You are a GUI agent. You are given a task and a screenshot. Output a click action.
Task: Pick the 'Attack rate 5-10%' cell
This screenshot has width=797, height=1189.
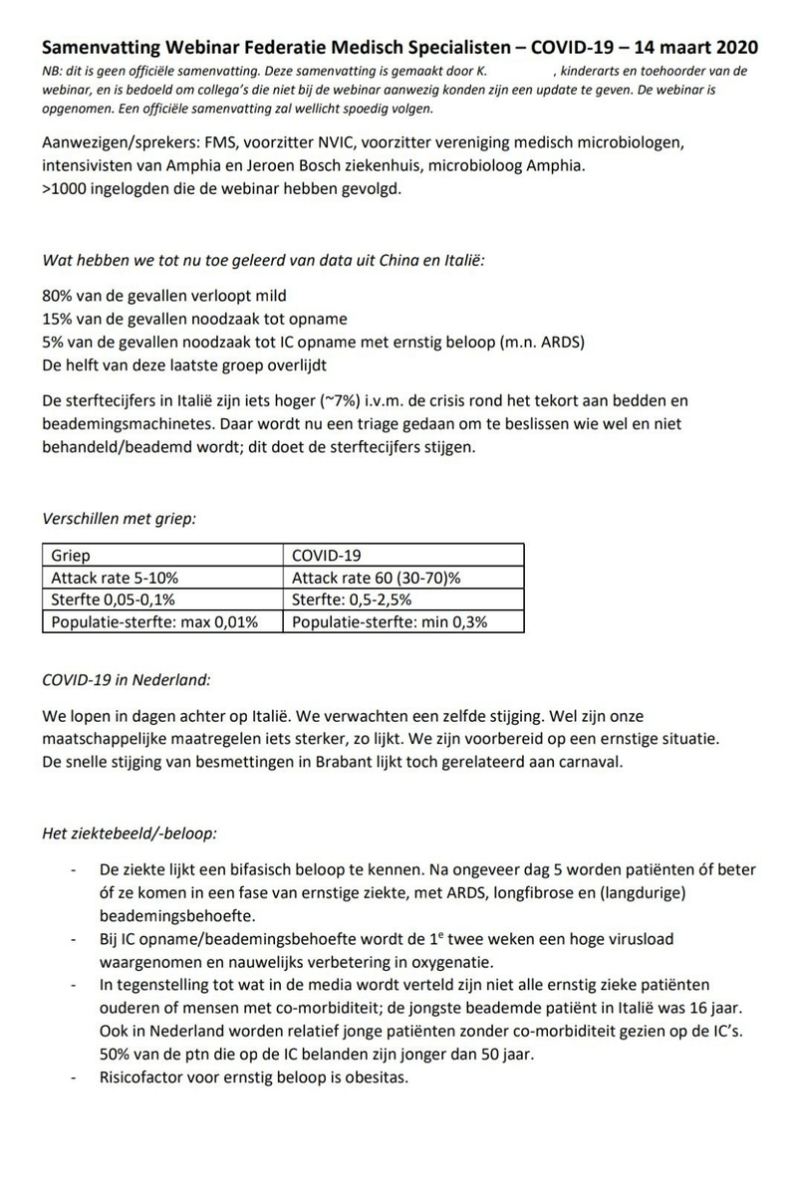click(x=115, y=578)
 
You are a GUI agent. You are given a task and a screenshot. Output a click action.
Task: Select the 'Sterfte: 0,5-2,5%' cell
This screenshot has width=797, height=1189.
click(x=355, y=599)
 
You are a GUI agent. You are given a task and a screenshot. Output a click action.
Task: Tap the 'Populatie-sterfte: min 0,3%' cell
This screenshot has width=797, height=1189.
click(x=390, y=621)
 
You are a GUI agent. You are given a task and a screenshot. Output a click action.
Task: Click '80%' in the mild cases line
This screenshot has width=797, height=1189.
click(x=59, y=297)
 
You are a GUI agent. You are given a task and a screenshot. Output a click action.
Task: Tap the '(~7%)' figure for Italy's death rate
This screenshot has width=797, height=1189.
click(x=340, y=400)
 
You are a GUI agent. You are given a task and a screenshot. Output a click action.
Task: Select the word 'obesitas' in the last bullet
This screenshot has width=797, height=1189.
click(x=378, y=1077)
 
